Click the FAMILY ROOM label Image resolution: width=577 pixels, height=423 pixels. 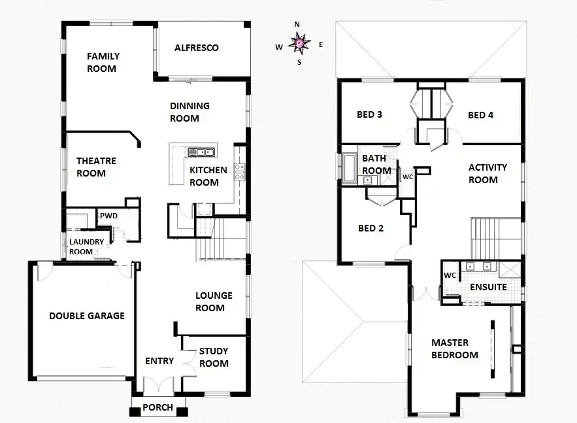tap(103, 62)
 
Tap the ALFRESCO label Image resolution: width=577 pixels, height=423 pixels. tap(196, 48)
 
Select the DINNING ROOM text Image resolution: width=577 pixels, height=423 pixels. tap(190, 112)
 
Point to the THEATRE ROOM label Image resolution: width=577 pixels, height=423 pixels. tap(96, 167)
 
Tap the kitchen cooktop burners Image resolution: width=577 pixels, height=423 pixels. tap(239, 171)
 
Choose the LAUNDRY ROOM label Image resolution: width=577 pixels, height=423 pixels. tap(81, 246)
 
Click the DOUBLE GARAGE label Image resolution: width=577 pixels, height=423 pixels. tap(87, 316)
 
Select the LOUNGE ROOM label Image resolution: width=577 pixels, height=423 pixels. tap(210, 301)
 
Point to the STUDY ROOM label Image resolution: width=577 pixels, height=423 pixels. tap(214, 357)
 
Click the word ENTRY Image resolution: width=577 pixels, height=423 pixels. tap(159, 361)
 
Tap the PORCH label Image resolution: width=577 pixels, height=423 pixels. tap(158, 407)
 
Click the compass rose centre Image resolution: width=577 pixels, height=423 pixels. tap(298, 44)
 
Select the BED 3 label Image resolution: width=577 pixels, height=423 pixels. tap(369, 115)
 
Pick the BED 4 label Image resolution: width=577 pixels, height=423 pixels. tap(481, 115)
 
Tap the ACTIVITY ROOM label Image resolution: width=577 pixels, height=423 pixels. tap(487, 173)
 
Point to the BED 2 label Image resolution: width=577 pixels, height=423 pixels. tap(370, 228)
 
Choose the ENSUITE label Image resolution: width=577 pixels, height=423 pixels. tap(488, 287)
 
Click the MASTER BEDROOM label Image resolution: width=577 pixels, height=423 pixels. tap(454, 348)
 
